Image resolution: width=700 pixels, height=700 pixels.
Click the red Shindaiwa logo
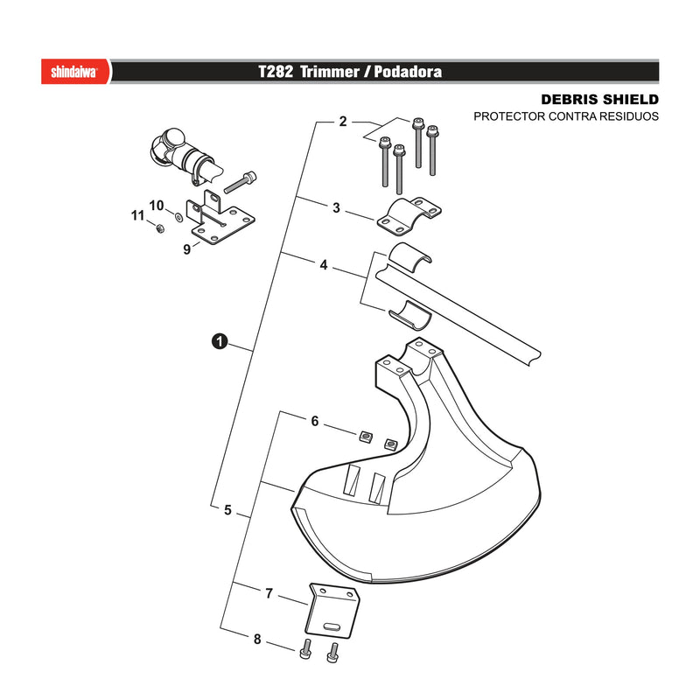75,72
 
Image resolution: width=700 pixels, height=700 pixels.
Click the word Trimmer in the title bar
330,72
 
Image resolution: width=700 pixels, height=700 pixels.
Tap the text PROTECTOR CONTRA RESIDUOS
565,116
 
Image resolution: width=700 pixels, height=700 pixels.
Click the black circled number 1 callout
220,341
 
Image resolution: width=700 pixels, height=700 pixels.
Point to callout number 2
343,122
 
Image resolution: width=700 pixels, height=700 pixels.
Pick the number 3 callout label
336,207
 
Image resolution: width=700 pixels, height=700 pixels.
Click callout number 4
324,265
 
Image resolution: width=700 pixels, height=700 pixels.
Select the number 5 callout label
227,510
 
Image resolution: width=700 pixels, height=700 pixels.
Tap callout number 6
315,421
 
